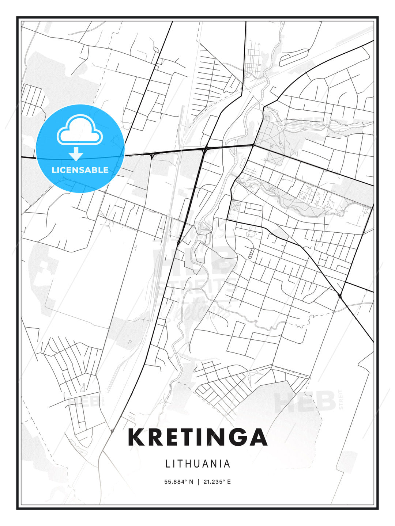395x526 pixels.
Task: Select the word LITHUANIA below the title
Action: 198,464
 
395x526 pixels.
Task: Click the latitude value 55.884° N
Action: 178,482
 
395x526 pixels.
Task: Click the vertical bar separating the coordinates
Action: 198,482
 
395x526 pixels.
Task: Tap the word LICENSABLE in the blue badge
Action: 80,170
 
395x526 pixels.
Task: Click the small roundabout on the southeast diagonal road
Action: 340,296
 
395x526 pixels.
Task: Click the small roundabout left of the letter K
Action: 112,431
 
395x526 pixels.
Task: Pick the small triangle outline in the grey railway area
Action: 129,342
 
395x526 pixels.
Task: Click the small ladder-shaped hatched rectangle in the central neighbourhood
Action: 251,254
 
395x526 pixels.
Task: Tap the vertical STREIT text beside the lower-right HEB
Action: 341,399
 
